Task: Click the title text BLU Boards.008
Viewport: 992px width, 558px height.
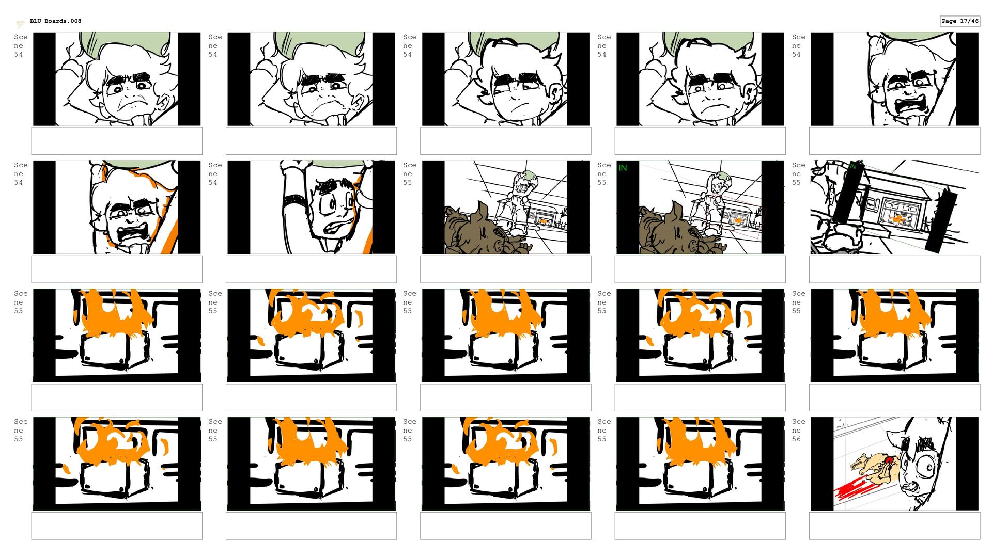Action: click(x=55, y=21)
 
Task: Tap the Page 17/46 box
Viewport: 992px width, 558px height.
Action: click(x=959, y=21)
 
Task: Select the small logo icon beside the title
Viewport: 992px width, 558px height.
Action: click(x=20, y=23)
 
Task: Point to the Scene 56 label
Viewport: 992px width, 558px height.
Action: click(x=798, y=430)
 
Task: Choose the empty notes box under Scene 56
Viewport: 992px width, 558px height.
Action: click(x=894, y=525)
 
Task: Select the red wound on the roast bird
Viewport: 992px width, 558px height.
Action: click(x=889, y=459)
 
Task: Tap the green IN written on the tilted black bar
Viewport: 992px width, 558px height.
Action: click(x=853, y=166)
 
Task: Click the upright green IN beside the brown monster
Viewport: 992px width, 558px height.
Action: click(x=623, y=168)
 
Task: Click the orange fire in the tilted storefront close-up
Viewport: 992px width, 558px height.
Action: click(x=898, y=220)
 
